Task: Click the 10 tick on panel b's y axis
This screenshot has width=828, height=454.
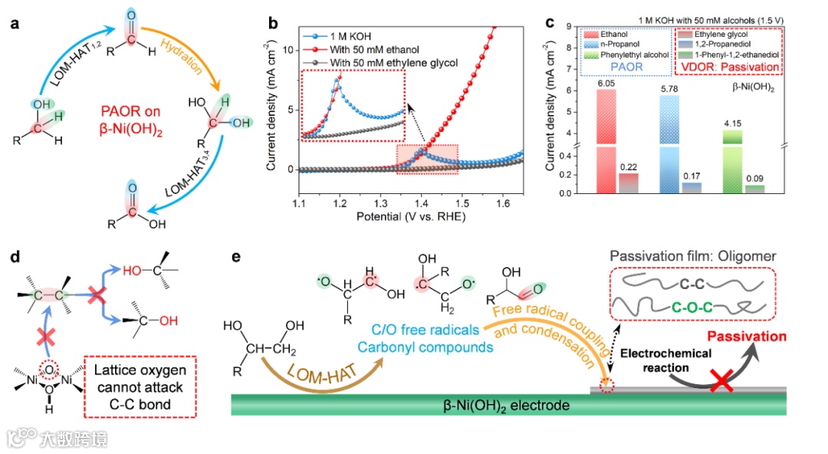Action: click(285, 50)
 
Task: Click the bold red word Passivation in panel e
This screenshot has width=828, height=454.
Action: click(747, 336)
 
